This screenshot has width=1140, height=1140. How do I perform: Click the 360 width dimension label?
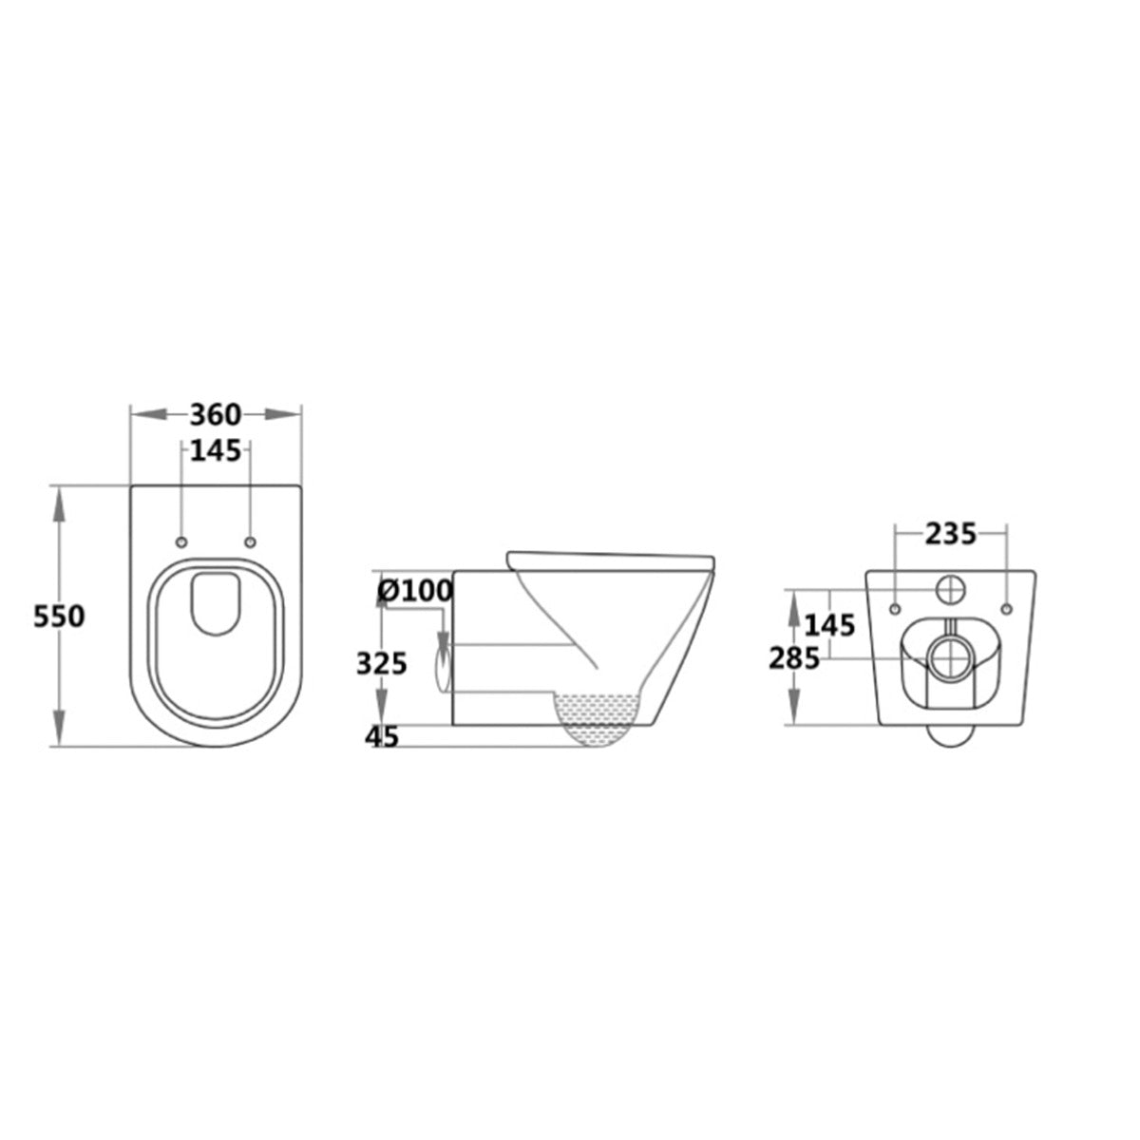[x=216, y=415]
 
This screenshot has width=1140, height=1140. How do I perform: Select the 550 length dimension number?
[x=59, y=617]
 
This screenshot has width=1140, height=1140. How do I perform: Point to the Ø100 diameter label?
[x=415, y=590]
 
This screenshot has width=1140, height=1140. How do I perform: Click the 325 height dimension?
[x=381, y=664]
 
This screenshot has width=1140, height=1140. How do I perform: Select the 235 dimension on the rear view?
[x=950, y=535]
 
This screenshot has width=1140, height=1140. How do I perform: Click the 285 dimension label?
[x=793, y=657]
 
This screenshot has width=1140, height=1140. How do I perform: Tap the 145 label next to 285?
[x=829, y=625]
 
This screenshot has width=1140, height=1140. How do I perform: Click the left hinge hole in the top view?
[x=181, y=541]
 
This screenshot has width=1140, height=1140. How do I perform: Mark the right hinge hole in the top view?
[x=250, y=541]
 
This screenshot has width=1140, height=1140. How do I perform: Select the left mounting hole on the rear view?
[x=896, y=606]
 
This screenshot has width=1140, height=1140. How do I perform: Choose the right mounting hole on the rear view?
[x=1004, y=606]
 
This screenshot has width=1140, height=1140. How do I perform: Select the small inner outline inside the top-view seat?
[x=216, y=602]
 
